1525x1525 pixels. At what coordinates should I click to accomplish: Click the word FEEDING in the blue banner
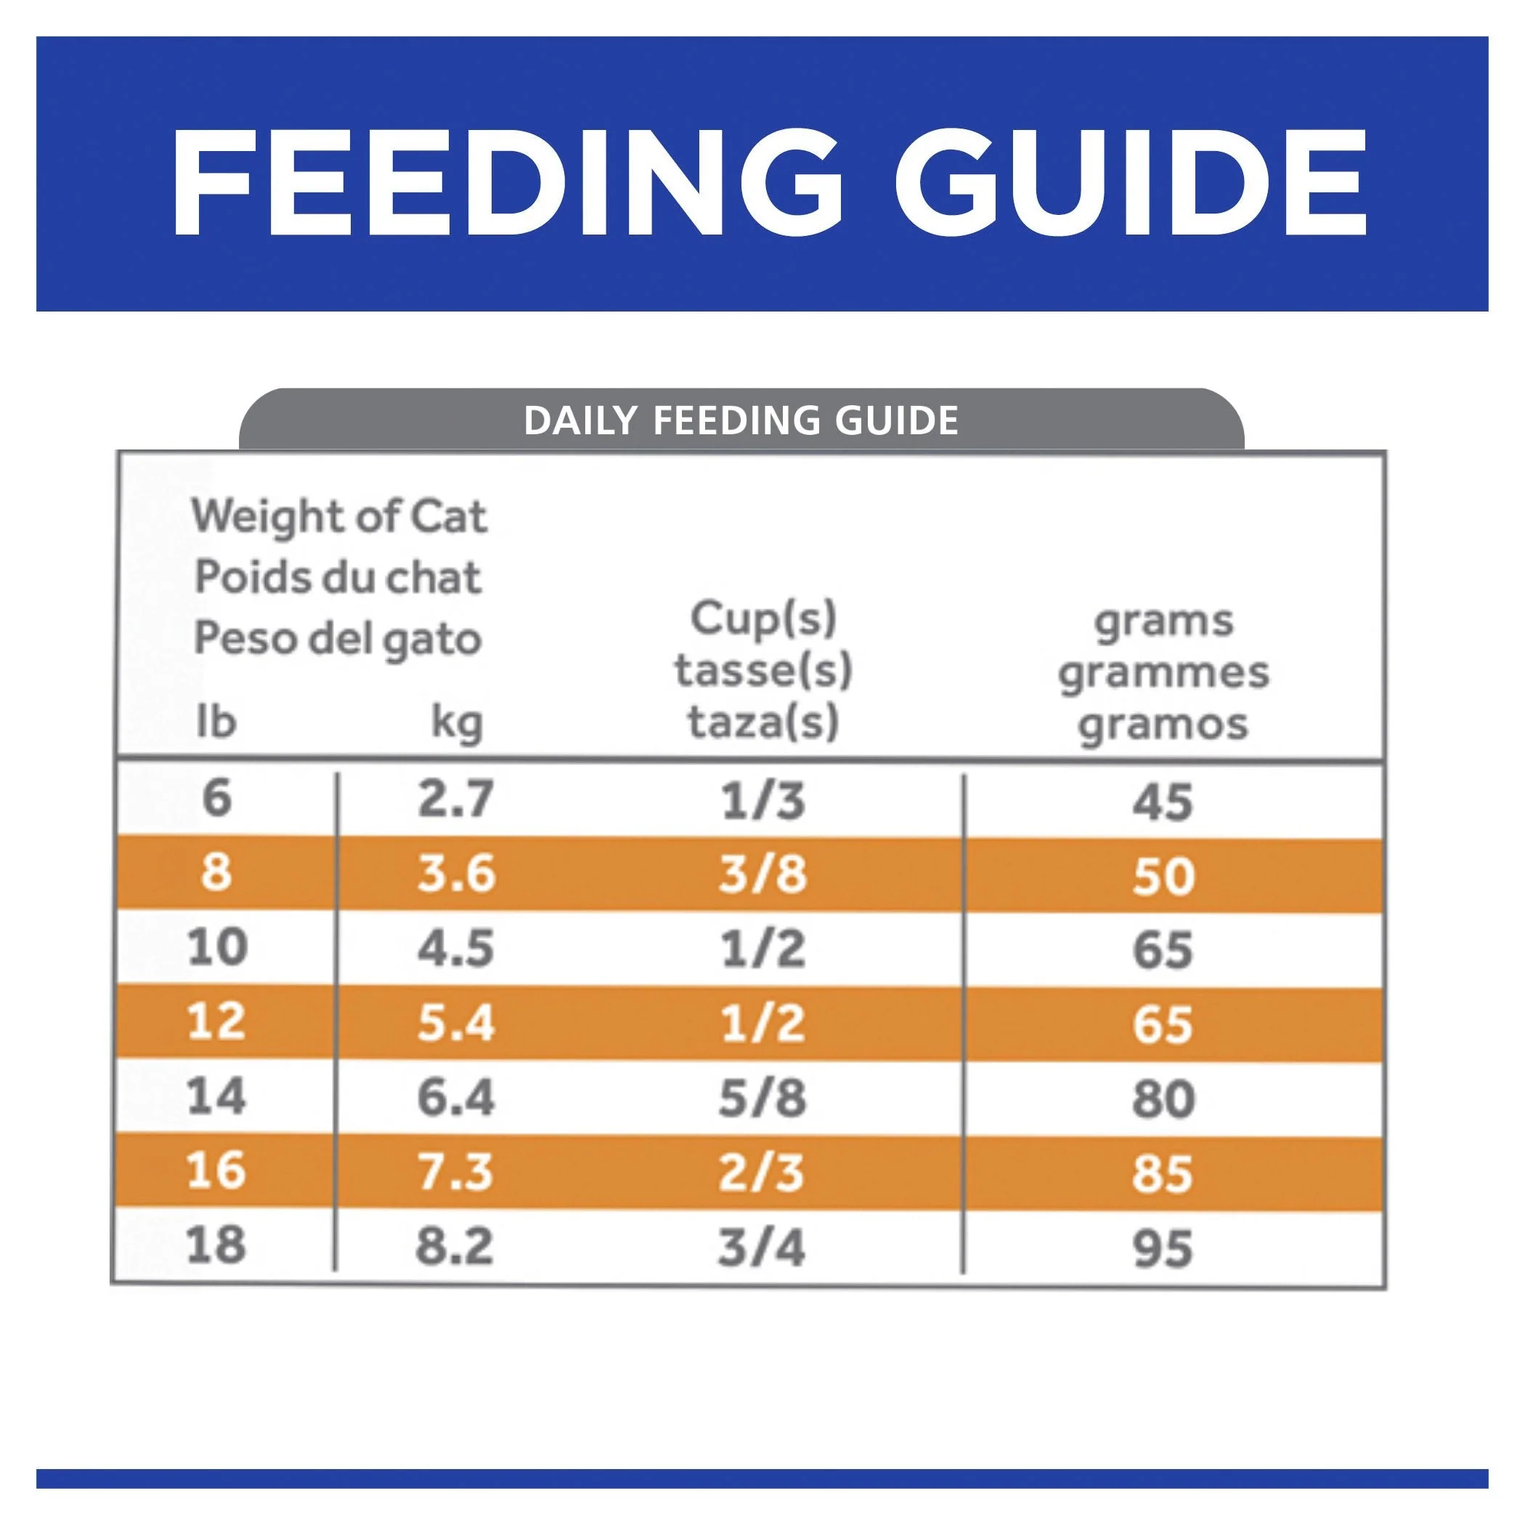coord(505,183)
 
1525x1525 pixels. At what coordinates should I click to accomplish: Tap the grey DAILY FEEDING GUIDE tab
coord(741,420)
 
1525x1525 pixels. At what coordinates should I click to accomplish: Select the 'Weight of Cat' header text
coord(339,518)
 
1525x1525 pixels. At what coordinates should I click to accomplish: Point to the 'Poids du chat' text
coord(338,577)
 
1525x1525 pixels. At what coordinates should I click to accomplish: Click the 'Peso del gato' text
coord(338,638)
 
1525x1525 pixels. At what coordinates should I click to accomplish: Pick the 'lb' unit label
coord(216,721)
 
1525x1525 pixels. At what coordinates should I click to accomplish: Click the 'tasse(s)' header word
coord(763,670)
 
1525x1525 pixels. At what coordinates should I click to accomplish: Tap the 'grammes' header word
coord(1163,672)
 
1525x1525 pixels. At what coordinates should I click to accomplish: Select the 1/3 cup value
coord(762,800)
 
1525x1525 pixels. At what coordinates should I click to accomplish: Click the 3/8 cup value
coord(762,874)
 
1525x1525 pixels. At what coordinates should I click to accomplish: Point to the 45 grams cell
coord(1163,802)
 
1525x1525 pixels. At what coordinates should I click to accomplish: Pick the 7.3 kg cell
coord(455,1171)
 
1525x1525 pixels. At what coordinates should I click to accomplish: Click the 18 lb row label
coord(216,1245)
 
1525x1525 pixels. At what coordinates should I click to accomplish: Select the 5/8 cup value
coord(762,1098)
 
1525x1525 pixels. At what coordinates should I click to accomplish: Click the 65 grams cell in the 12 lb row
coord(1163,1025)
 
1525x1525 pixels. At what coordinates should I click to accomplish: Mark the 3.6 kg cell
coord(456,874)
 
